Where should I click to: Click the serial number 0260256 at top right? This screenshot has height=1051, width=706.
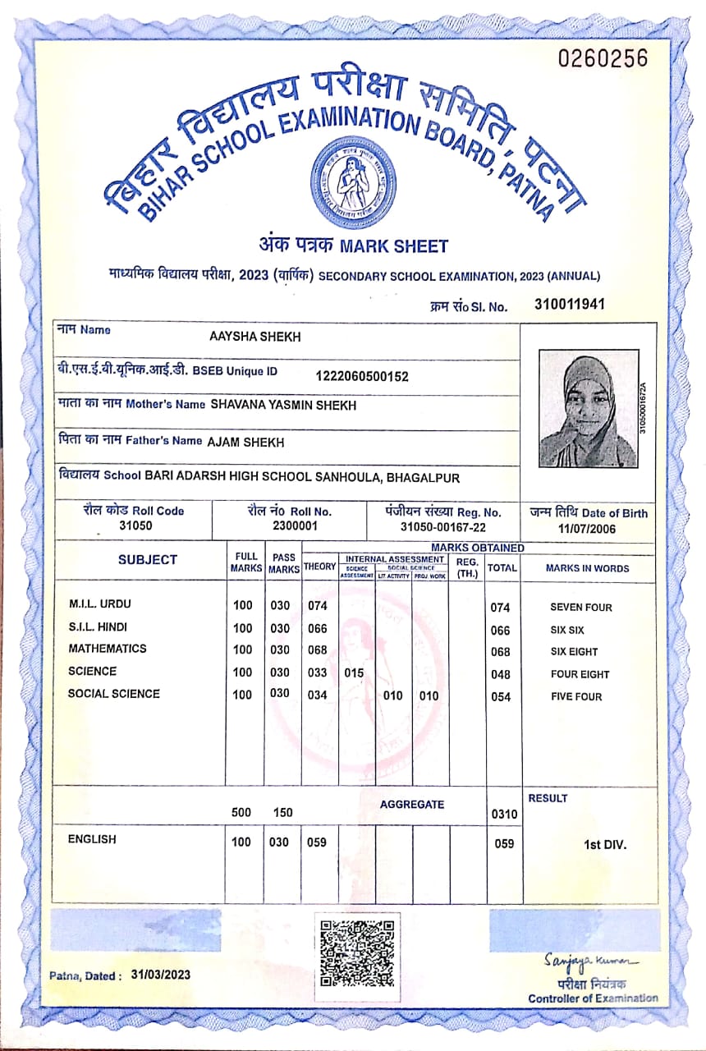603,58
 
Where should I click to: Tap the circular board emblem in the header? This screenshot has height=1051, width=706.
353,181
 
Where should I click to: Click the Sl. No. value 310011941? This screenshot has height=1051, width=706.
569,304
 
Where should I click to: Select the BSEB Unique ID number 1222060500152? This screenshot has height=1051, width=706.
362,376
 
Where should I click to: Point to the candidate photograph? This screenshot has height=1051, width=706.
587,408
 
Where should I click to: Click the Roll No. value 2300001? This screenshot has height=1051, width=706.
294,525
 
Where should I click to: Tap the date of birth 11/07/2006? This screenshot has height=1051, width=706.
587,529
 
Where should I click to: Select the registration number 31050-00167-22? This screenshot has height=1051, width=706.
442,526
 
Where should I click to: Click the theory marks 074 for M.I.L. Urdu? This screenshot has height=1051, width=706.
317,606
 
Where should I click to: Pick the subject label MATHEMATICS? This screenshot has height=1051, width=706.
108,649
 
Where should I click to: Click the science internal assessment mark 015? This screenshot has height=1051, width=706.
354,673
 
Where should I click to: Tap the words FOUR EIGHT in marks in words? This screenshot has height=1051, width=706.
580,675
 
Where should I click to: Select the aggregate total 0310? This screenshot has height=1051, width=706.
504,815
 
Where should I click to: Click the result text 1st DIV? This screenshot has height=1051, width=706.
605,844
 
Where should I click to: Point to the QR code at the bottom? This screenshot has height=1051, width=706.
356,953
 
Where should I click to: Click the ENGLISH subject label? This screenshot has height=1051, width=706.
92,839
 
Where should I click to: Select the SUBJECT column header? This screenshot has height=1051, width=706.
147,560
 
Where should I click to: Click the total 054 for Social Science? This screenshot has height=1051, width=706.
500,697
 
